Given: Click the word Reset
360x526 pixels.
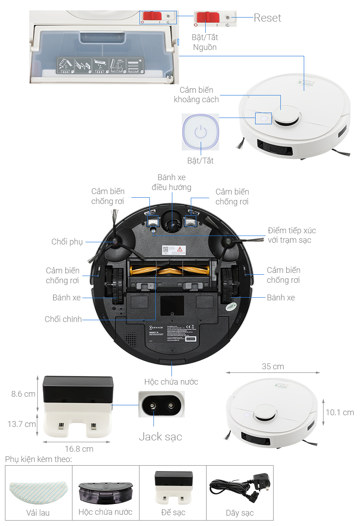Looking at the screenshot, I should (x=267, y=18).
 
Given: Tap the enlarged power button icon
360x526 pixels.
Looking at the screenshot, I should (x=201, y=132).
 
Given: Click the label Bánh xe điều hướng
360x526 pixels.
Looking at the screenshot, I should (x=171, y=182).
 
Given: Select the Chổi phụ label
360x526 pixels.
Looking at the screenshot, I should (x=67, y=242).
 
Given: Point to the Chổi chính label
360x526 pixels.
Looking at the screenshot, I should (x=63, y=319).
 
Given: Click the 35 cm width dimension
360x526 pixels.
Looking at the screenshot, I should (x=273, y=367).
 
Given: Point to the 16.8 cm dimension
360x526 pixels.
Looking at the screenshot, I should (x=79, y=449).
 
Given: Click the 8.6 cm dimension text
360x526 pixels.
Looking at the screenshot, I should (x=23, y=394).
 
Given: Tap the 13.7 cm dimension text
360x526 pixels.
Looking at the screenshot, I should (x=22, y=424).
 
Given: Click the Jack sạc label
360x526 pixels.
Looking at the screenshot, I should (x=160, y=436).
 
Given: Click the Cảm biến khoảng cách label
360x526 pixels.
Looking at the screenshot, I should (x=196, y=95).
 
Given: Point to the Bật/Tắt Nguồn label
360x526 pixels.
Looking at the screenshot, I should (x=205, y=42).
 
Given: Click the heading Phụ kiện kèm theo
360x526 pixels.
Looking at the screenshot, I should (x=38, y=459).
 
